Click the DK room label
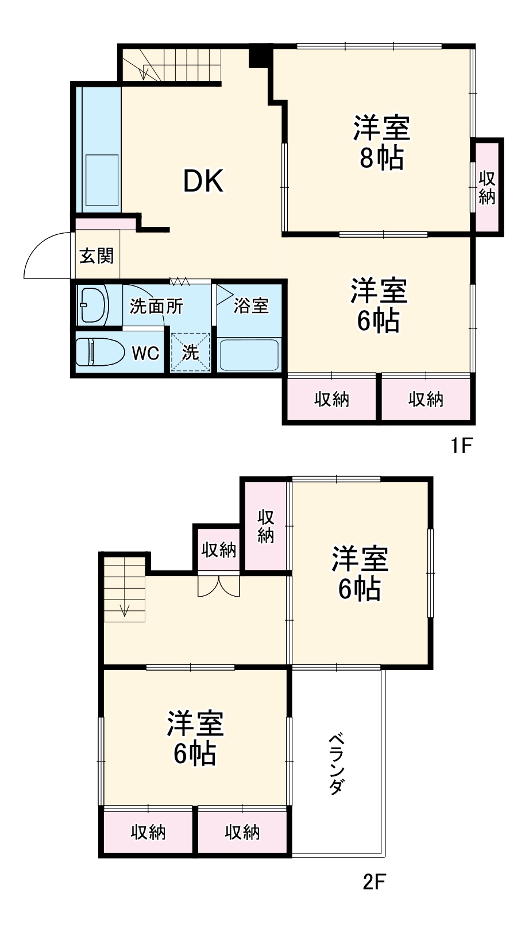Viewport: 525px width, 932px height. point(203,181)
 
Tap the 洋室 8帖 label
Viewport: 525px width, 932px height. point(381,143)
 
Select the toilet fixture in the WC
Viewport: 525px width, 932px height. point(99,352)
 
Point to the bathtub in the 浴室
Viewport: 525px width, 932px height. point(249,355)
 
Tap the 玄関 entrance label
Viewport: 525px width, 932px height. point(96,256)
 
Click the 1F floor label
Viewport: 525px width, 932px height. point(460,445)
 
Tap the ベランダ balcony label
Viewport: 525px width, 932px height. point(337,764)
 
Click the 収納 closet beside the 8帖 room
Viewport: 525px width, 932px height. point(487,187)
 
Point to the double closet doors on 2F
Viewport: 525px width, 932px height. point(218,585)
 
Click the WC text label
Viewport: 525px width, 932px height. point(145,353)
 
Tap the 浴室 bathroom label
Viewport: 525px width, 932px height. point(251,306)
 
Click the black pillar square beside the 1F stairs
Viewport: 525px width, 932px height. point(259,56)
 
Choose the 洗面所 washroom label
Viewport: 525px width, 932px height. point(156,306)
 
